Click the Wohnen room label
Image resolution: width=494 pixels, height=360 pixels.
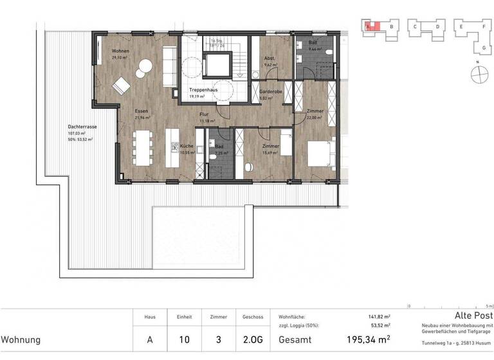click(x=120, y=51)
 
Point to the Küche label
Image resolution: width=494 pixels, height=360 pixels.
click(x=187, y=146)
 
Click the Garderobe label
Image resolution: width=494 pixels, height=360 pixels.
click(x=271, y=92)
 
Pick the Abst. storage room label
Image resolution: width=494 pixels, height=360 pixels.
click(x=270, y=59)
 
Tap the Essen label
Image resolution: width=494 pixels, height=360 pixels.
click(x=142, y=111)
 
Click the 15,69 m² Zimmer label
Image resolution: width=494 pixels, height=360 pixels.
click(x=270, y=146)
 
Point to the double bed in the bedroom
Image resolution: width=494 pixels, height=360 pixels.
click(x=320, y=153)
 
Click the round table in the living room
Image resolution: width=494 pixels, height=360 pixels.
click(x=145, y=65)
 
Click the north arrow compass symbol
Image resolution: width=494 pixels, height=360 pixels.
click(x=478, y=75)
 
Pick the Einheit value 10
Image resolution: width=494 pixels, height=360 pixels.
click(x=180, y=339)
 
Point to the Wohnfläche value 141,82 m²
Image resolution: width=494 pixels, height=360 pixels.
click(x=378, y=317)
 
